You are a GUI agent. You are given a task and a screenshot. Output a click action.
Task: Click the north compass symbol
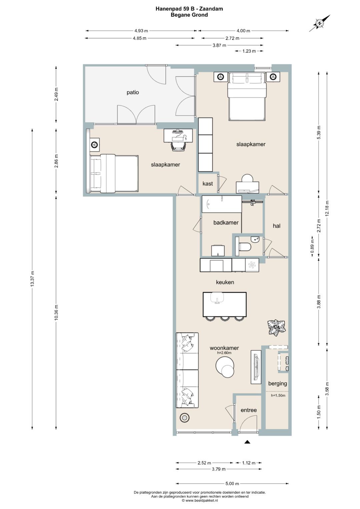tap(320, 23)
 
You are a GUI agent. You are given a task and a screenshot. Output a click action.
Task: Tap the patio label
tap(133, 92)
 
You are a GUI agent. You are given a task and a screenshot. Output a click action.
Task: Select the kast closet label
tap(207, 183)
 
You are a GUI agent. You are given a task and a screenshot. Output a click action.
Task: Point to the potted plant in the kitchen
tap(276, 327)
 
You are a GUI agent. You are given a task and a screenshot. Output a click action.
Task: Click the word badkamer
tap(226, 223)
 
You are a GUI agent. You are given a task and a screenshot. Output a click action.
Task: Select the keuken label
tap(225, 282)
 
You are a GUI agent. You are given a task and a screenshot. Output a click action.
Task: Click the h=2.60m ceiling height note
tap(224, 353)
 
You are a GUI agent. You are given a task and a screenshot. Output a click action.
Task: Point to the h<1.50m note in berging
tap(278, 395)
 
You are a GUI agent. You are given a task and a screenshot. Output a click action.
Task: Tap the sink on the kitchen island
tap(217, 298)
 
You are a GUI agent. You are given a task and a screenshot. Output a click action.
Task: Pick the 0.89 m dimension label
tap(313, 247)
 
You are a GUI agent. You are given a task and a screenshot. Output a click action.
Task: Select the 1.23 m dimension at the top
tap(249, 51)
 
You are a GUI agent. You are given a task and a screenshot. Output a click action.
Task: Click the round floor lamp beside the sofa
tap(184, 417)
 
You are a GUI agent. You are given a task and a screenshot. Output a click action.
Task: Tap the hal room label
tap(276, 226)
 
